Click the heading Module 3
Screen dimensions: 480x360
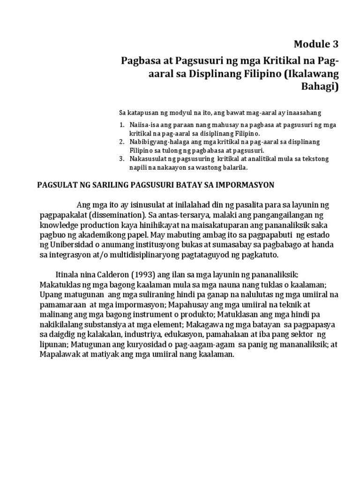[315, 45]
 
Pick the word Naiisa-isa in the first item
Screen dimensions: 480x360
[145, 126]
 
